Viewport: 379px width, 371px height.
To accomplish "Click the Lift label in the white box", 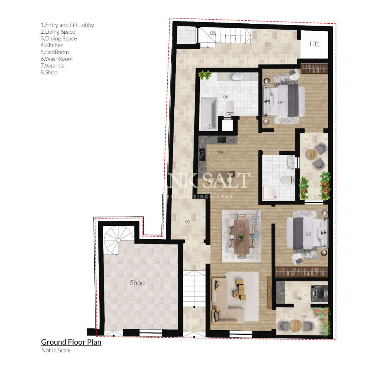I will tap(314, 44).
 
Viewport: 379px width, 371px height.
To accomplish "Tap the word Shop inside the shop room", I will tap(137, 283).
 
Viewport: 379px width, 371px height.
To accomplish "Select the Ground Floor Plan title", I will tap(71, 342).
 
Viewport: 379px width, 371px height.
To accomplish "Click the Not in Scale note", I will tap(56, 350).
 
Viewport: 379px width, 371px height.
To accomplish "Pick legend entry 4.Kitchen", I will tap(52, 45).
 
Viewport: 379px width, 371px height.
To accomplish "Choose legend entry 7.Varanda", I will tap(52, 66).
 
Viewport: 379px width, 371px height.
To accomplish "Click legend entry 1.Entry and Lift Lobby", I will tap(67, 25).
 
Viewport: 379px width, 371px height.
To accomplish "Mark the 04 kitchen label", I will tap(221, 152).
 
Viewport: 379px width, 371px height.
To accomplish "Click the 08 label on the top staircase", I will tap(212, 33).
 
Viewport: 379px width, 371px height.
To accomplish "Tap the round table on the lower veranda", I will tap(296, 325).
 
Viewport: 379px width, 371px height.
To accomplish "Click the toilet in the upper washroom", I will tap(230, 107).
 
